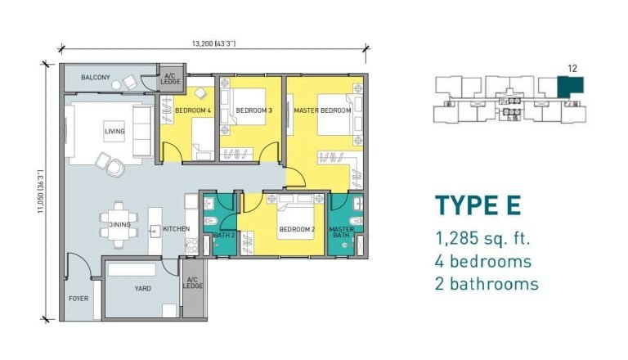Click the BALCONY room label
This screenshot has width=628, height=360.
point(96,78)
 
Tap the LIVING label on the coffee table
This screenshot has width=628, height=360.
point(114,131)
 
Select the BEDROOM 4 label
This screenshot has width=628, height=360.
point(193,110)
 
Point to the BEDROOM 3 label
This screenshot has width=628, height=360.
point(254,110)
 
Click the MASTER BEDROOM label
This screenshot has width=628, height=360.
point(322,110)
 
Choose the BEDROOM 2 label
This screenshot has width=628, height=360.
point(297,229)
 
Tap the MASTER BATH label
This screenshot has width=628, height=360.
point(341,232)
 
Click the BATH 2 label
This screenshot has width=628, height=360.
point(224,235)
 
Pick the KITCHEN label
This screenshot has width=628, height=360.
point(177,229)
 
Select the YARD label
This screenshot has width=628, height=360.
point(142,289)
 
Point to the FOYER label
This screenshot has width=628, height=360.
point(78,299)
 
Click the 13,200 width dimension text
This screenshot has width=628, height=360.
point(213,43)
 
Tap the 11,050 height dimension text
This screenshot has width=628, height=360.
point(40,191)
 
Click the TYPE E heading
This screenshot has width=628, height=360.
point(478,205)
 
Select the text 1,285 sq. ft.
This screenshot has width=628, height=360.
point(482,239)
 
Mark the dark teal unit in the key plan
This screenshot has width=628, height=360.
point(571,88)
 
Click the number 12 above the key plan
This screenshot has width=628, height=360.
point(572,69)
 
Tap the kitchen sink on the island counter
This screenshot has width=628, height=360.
point(155,231)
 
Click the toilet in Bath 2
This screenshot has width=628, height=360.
point(210,220)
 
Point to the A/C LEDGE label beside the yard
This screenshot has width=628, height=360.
point(193,283)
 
